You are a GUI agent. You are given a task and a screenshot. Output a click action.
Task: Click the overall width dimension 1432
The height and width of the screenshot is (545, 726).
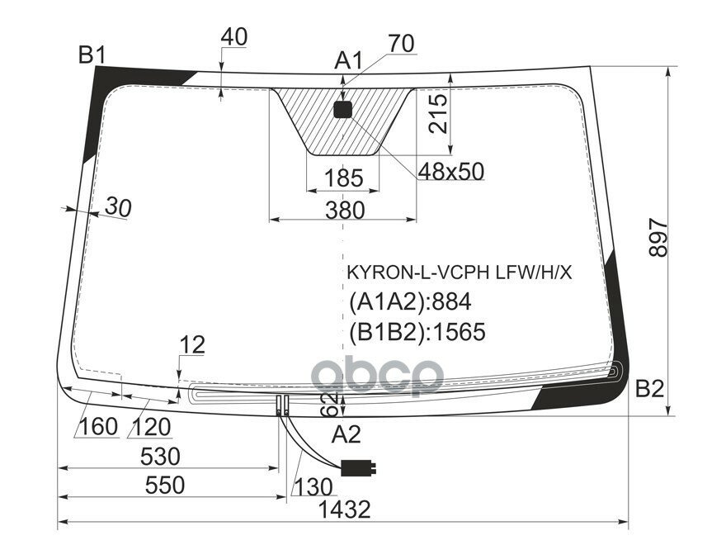point(344,510)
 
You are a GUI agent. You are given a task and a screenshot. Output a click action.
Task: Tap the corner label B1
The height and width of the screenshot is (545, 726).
point(92,56)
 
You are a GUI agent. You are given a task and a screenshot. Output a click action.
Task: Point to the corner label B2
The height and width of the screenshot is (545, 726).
point(649,388)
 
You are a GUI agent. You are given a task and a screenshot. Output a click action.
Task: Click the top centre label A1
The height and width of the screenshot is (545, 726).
point(348,61)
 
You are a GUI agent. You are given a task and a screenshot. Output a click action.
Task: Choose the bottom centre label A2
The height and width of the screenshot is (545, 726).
point(346,434)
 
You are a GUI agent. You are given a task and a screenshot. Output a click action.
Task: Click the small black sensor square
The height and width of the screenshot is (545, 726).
point(343,109)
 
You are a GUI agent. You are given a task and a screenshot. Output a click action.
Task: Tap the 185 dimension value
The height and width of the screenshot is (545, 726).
point(343,178)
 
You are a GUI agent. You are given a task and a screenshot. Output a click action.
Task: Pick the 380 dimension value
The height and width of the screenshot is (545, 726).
point(344,211)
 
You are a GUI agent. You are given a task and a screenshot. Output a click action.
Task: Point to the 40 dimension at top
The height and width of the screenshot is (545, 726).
point(234,37)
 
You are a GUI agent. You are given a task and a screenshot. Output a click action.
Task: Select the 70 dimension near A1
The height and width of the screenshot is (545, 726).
point(401,44)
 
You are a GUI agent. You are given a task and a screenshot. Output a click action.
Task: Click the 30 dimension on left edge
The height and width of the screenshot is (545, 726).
point(118,209)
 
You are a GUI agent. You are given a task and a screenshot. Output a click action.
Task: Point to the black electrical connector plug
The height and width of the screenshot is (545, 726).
point(359,467)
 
